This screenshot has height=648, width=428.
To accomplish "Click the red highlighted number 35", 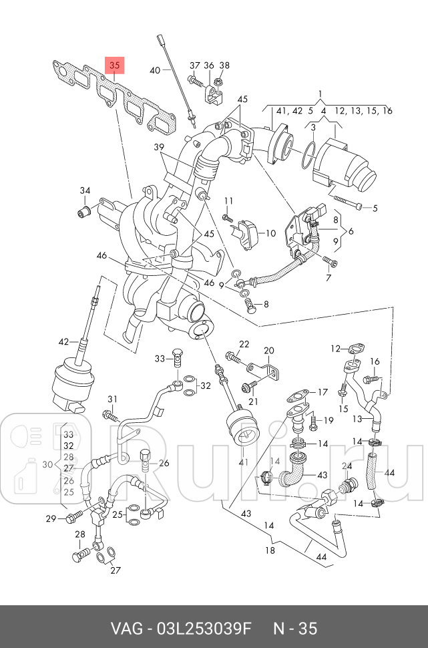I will click(x=115, y=65).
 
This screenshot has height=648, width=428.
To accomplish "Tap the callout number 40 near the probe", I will click(x=154, y=70).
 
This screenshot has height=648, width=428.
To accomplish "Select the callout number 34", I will click(x=85, y=191).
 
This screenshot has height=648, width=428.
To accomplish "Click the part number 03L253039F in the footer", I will click(x=204, y=628).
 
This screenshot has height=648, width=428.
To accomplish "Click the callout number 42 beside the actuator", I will click(x=63, y=342).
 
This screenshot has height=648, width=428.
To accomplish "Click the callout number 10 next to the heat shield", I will click(x=270, y=234).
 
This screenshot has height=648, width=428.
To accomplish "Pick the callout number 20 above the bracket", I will click(x=268, y=350).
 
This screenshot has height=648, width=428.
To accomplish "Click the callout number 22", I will click(x=244, y=344).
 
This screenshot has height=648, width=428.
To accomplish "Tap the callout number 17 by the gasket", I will click(x=323, y=391).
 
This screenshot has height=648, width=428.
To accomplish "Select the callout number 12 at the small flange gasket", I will click(x=336, y=348).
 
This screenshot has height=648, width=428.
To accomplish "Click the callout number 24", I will click(x=347, y=466).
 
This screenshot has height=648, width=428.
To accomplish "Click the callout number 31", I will click(x=112, y=399).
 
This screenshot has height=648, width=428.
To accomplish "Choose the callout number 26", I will click(x=164, y=463).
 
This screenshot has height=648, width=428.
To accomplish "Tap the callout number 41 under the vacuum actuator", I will click(x=244, y=462).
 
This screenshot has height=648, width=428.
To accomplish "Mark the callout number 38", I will click(x=224, y=65).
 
